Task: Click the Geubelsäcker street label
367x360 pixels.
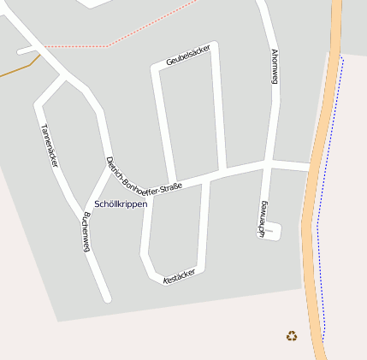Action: [x=188, y=56]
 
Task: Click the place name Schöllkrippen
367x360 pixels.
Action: [x=121, y=204]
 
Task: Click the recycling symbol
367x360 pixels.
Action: [x=292, y=336]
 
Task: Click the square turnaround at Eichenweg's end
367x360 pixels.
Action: [x=272, y=230]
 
